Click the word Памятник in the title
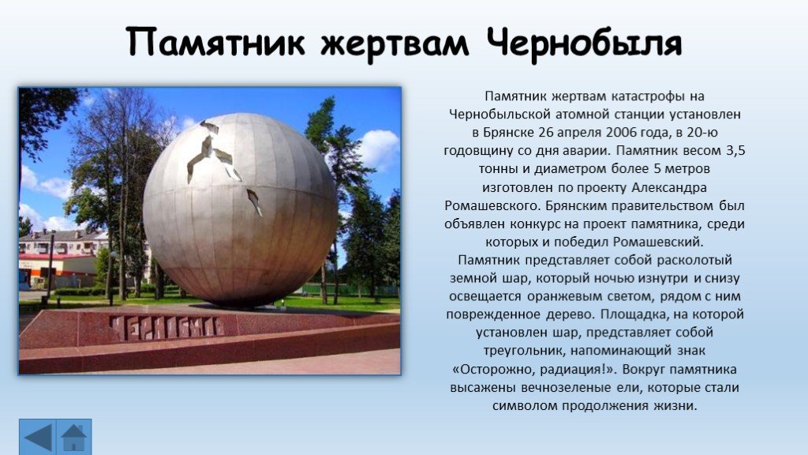pos(215,42)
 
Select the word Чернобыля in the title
pos(585,43)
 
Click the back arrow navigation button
pos(37,437)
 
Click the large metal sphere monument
pos(240,209)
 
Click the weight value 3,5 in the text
pos(735,151)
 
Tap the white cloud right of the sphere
pos(380,149)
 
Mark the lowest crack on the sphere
pos(255,201)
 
